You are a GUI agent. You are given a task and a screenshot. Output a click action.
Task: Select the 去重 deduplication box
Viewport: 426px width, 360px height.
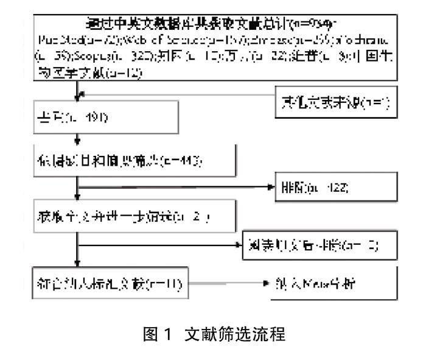pyautogui.click(x=107, y=117)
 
